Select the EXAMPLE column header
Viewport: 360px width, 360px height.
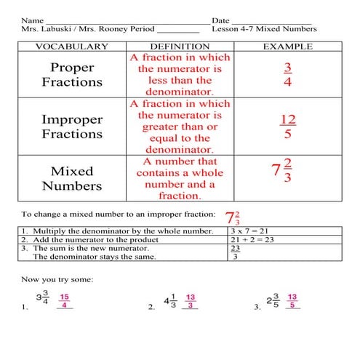(x=288, y=47)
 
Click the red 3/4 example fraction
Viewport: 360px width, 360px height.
(x=289, y=74)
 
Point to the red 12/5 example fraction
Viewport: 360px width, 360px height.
(x=289, y=126)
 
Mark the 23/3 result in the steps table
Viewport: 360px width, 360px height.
(x=235, y=252)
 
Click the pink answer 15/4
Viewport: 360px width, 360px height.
(x=65, y=302)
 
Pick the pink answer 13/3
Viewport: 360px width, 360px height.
(x=191, y=302)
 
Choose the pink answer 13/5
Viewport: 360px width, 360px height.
(x=292, y=302)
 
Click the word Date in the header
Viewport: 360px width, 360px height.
(x=220, y=20)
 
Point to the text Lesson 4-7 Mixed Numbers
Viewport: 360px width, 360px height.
(x=264, y=29)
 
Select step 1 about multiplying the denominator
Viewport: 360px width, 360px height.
(x=116, y=231)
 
